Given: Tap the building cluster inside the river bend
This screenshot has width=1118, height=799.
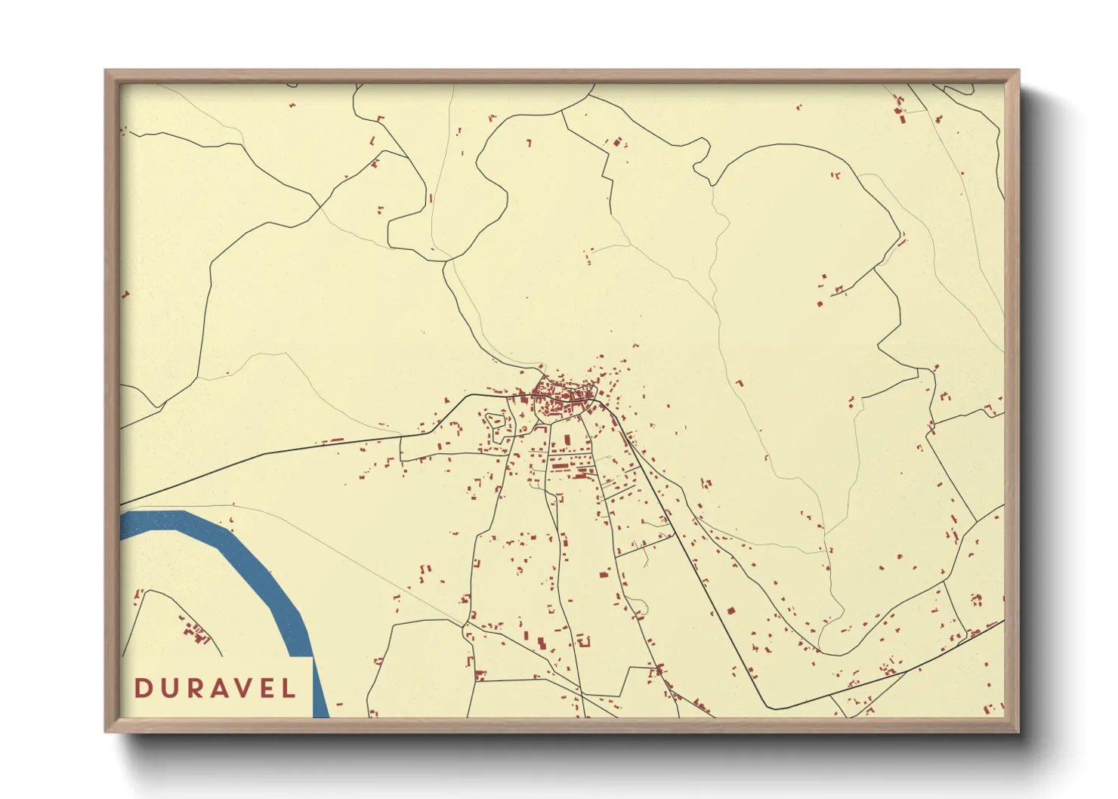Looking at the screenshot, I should coord(196,633).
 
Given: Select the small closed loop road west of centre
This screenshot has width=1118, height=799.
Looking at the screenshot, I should coord(496,425).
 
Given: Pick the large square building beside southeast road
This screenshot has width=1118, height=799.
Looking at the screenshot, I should coord(730,611).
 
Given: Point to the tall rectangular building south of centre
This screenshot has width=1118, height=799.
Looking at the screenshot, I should coord(567,440).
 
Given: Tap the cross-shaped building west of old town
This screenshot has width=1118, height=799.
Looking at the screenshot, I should coord(521,415).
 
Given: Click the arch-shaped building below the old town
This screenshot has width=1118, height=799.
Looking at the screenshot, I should coord(582,641).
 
